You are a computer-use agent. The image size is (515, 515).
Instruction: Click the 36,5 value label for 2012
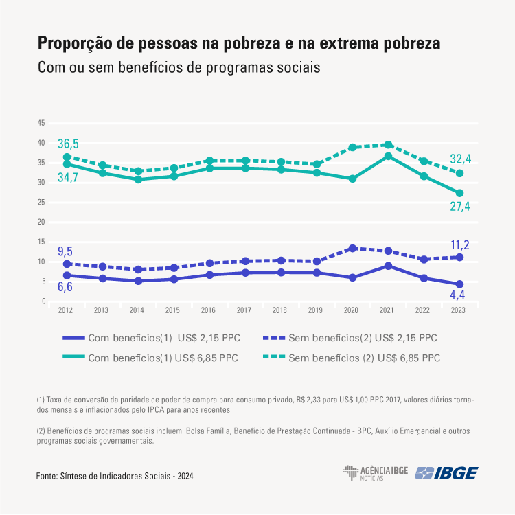68,144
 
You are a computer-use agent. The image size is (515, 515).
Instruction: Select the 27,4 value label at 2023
460,207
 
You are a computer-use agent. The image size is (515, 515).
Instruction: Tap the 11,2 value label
460,245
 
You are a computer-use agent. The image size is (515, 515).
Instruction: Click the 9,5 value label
65,251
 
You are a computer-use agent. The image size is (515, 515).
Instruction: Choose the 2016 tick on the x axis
209,310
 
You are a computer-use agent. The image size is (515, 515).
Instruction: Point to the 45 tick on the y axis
41,123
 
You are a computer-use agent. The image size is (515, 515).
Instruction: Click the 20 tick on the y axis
41,222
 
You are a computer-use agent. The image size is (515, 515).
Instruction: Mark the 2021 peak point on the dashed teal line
388,145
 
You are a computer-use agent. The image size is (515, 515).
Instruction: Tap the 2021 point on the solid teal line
388,157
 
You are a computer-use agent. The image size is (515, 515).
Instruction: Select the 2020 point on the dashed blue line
352,249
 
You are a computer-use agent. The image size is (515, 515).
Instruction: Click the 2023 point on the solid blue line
459,284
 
